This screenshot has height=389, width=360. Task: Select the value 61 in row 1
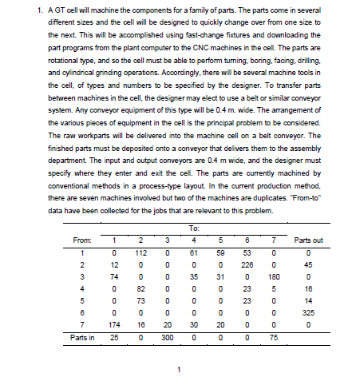click(192, 253)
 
